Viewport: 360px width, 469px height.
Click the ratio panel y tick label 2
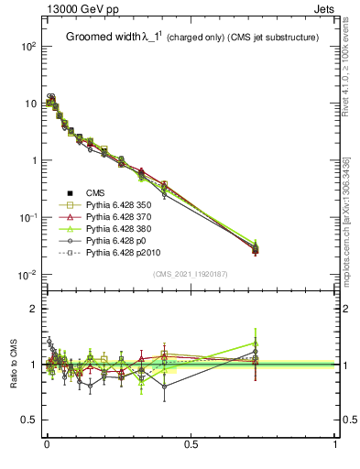[x=35, y=309]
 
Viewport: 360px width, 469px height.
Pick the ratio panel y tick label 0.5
[x=30, y=421]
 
